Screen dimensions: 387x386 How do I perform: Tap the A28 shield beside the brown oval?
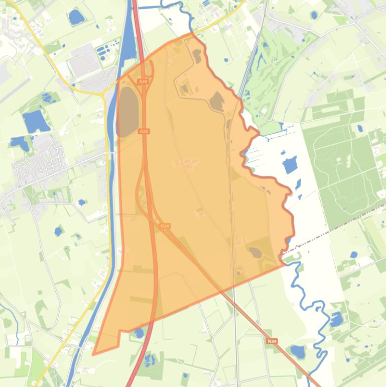(144, 131)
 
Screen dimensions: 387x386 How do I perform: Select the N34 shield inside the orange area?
(165, 226)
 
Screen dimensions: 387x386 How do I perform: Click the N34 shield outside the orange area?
(272, 341)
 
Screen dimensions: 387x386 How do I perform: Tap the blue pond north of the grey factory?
(77, 18)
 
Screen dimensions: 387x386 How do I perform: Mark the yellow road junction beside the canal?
(104, 93)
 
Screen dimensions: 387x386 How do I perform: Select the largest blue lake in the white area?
(290, 165)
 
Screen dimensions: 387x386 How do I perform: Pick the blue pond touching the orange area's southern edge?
(139, 332)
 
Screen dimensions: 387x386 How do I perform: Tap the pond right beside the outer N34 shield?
(297, 351)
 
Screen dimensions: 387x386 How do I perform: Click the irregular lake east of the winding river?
(336, 319)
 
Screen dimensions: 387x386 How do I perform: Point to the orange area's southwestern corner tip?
(94, 354)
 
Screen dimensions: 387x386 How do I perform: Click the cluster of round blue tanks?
(104, 51)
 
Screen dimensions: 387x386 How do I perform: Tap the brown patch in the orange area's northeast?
(217, 102)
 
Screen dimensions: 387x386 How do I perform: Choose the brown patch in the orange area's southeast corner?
(255, 252)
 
